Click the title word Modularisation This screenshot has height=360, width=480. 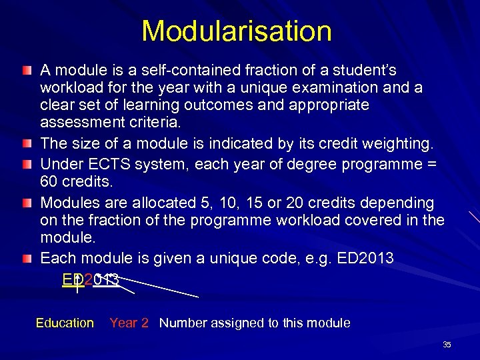pyautogui.click(x=237, y=31)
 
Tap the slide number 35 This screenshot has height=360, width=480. pyautogui.click(x=447, y=345)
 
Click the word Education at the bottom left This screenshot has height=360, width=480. pyautogui.click(x=65, y=323)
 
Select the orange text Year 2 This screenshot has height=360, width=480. pyautogui.click(x=129, y=323)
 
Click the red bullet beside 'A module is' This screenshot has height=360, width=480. pyautogui.click(x=25, y=70)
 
